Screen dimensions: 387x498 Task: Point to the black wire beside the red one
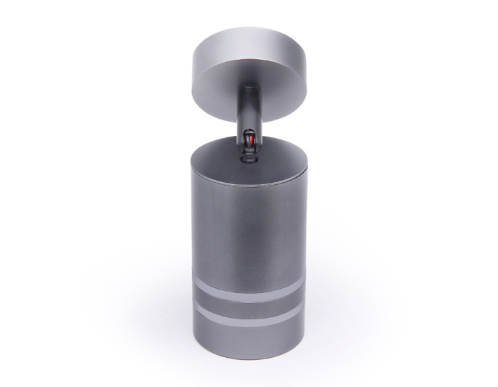pyautogui.click(x=253, y=143)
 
